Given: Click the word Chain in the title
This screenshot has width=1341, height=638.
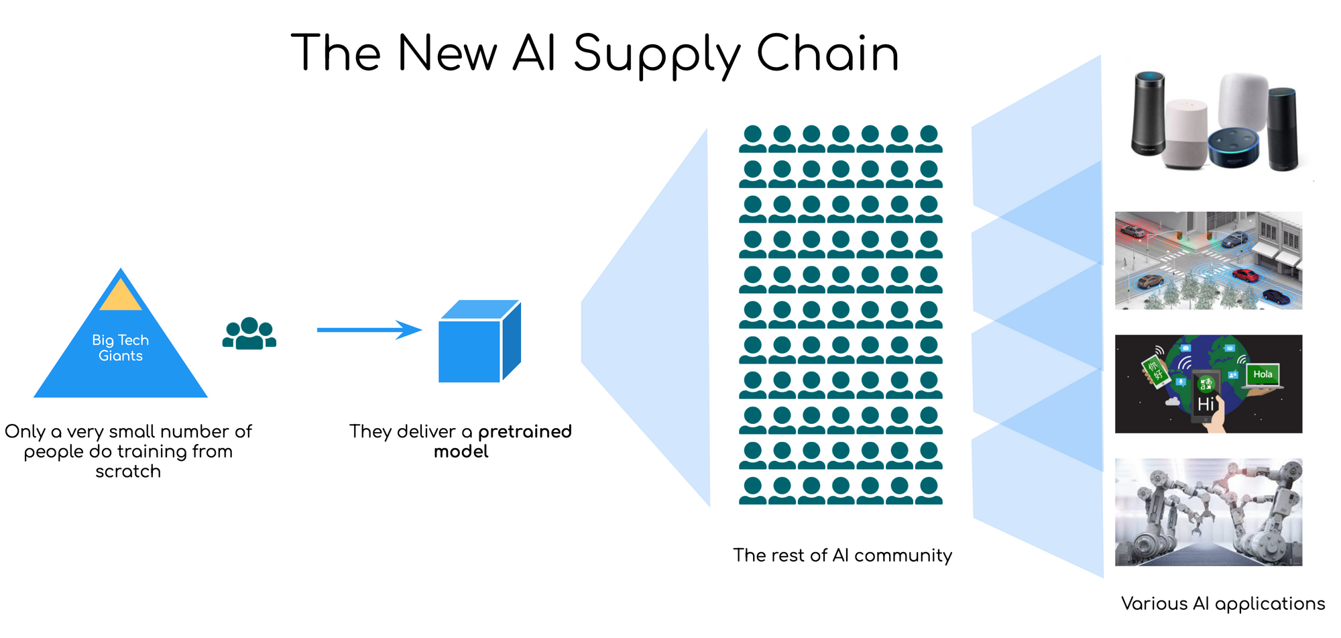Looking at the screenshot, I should point(827,54).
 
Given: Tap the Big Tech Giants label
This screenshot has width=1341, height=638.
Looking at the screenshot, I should point(121,348).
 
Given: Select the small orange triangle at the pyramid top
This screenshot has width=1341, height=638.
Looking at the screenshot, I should point(121,297).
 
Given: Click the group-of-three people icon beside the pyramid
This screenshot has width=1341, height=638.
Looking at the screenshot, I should point(249,333).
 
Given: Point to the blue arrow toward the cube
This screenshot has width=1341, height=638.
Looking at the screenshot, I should point(369,329).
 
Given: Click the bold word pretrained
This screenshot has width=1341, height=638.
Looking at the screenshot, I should point(525,431).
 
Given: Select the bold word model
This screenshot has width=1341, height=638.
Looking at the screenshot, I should point(461,451).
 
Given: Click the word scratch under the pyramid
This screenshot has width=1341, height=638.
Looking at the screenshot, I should point(128,472).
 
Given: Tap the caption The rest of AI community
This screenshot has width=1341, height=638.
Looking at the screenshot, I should point(842,555).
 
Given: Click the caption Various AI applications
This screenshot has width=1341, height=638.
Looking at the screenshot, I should point(1223,604).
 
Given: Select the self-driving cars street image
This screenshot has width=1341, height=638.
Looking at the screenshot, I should point(1208,260).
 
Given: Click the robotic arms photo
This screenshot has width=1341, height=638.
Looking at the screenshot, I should point(1208,512).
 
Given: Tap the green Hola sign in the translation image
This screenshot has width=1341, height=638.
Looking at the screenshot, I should point(1263,374).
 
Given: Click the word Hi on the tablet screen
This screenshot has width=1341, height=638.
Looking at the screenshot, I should point(1206,404).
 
